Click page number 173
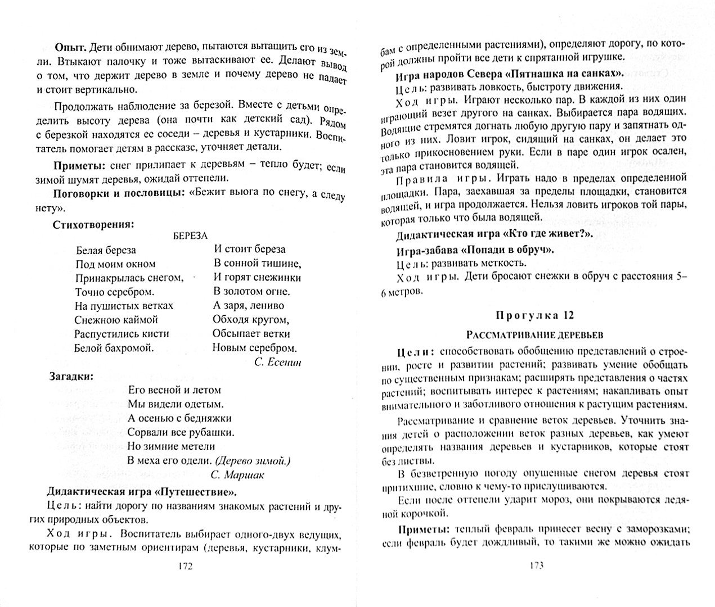[x=536, y=566]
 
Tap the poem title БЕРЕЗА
[x=190, y=235]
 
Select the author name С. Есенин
[x=277, y=363]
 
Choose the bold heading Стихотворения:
[x=93, y=225]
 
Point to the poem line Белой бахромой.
[x=114, y=348]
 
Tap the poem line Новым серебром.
[x=254, y=348]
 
